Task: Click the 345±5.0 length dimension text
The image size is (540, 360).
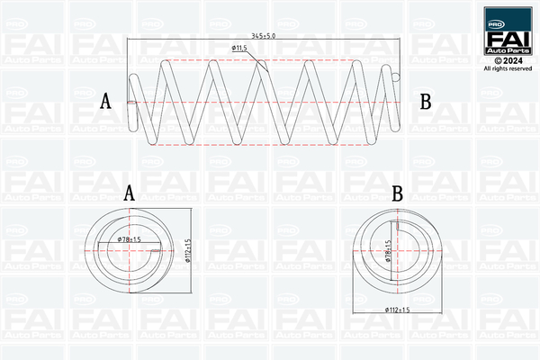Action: (264, 33)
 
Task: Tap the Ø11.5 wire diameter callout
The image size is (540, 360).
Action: (239, 47)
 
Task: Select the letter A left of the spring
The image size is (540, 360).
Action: (105, 101)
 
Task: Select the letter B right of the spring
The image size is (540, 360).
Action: (426, 101)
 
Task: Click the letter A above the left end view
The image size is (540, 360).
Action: (129, 193)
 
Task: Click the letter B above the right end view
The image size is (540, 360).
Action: (397, 193)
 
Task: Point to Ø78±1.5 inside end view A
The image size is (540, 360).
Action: (132, 239)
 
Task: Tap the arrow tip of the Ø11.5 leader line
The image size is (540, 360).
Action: (265, 68)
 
